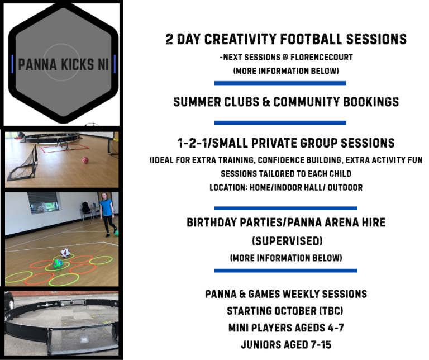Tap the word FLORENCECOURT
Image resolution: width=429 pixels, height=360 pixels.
tap(322, 57)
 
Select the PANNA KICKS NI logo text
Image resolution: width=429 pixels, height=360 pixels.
tap(63, 65)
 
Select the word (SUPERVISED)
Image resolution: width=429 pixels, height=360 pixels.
tap(287, 241)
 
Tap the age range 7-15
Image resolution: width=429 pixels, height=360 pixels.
tap(321, 345)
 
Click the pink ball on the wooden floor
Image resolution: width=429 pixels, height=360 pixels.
tap(85, 160)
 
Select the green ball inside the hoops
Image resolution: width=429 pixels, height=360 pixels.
tap(58, 264)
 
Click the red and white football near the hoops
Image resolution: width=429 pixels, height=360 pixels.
tap(65, 253)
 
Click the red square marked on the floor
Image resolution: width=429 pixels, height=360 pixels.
tap(65, 148)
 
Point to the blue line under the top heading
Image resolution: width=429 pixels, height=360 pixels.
tap(280, 83)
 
